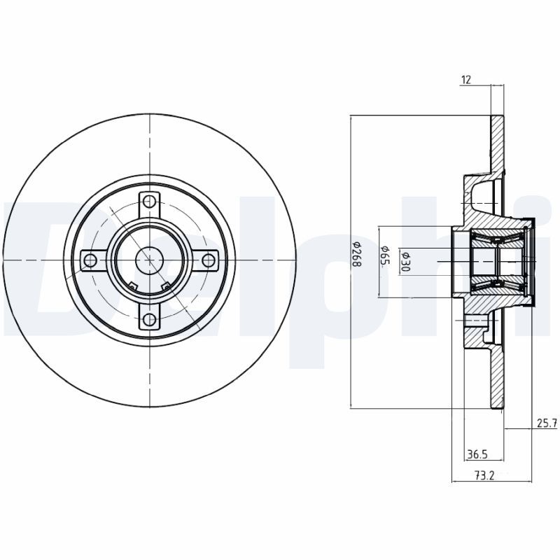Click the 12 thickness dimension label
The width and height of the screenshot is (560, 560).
[x=466, y=80]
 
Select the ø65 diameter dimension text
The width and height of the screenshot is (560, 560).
[x=385, y=255]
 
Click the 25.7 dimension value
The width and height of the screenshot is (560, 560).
[x=547, y=423]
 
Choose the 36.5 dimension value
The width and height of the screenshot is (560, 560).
[x=477, y=454]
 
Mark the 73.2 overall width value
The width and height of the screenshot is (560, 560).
[x=484, y=475]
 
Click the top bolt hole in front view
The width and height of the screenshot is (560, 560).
[x=149, y=202]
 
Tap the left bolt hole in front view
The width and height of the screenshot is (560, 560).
[x=91, y=260]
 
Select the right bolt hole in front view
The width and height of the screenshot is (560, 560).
[x=208, y=260]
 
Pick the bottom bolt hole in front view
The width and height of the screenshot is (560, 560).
[x=149, y=319]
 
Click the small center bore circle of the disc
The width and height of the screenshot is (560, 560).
[x=149, y=260]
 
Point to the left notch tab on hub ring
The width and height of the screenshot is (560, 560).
[x=133, y=286]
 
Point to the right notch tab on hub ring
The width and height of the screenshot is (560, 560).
[x=166, y=286]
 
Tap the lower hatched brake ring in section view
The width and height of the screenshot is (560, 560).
[x=497, y=377]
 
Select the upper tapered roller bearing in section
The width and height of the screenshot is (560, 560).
[x=498, y=238]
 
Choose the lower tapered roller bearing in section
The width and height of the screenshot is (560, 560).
[x=498, y=285]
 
